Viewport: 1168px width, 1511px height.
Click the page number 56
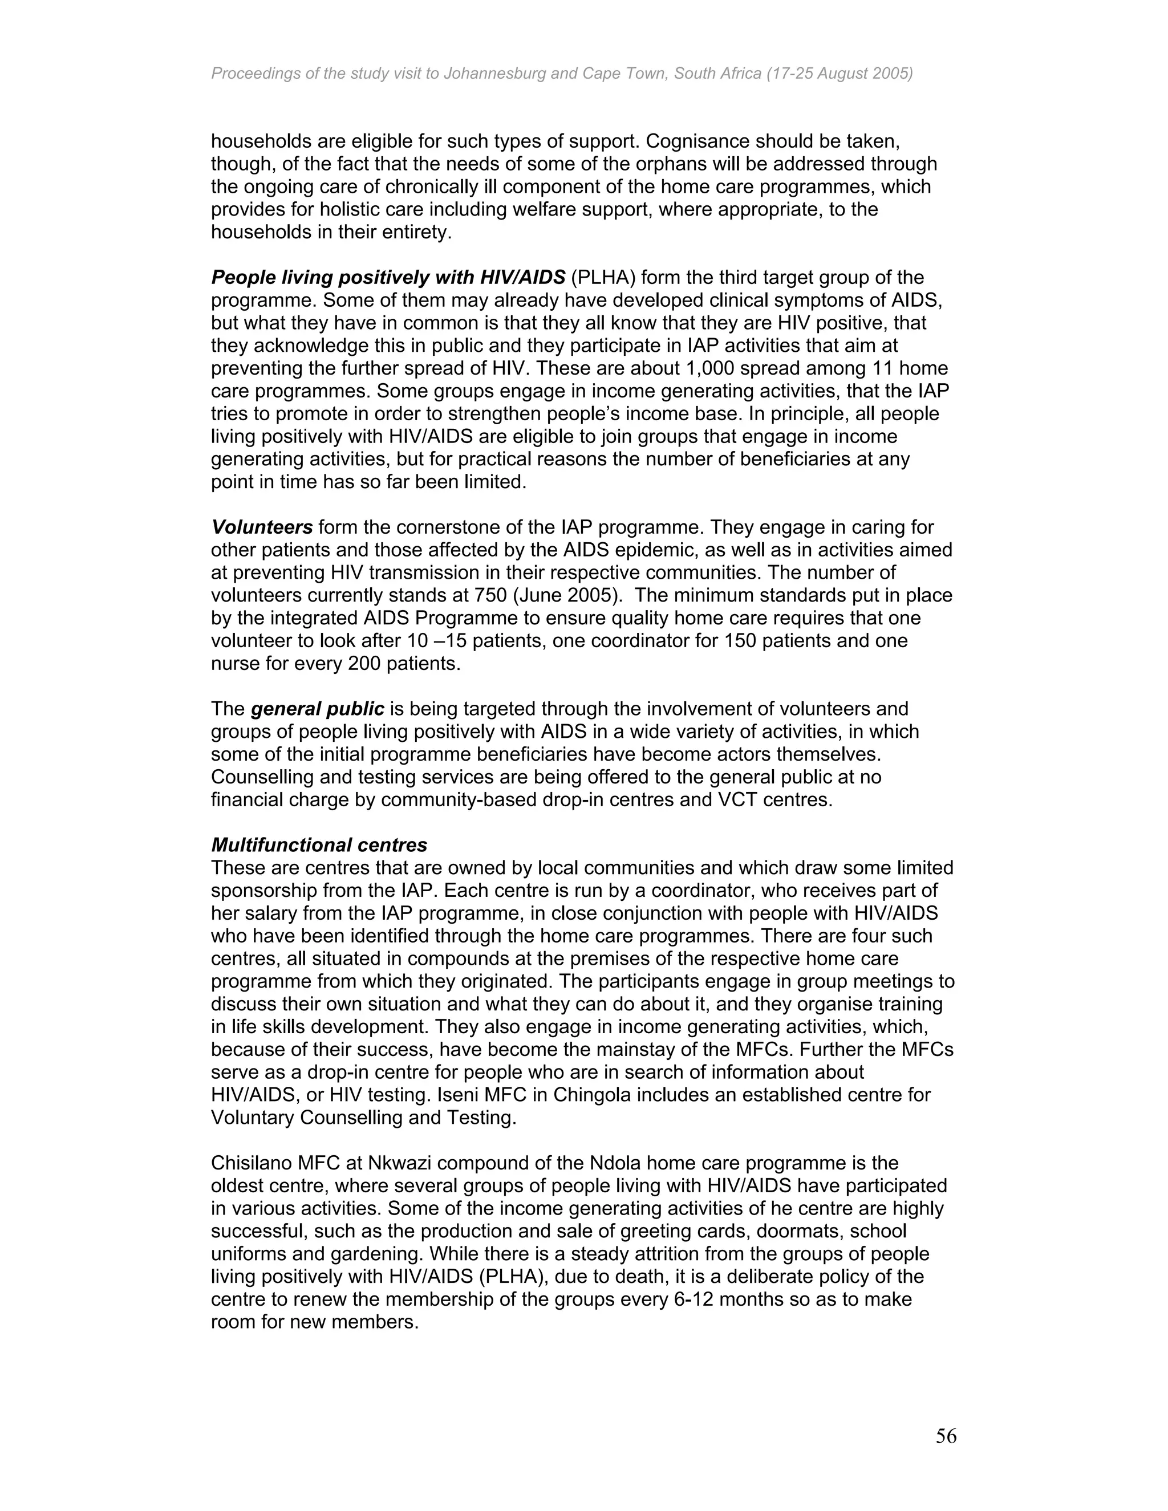946,1436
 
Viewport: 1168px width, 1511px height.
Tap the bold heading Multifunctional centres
319,845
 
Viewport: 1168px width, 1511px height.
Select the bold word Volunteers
262,527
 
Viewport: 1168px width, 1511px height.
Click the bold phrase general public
317,709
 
